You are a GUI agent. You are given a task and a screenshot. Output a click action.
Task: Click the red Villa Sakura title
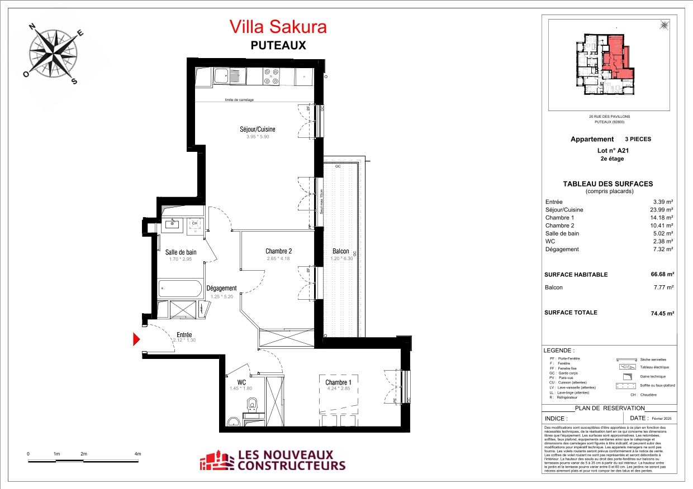click(278, 26)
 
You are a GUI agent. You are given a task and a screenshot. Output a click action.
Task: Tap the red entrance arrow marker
click(136, 339)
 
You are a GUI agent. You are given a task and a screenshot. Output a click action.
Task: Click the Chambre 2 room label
click(278, 251)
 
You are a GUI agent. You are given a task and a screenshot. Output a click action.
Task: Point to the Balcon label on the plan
click(340, 251)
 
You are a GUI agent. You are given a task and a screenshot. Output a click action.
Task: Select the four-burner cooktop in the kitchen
click(272, 76)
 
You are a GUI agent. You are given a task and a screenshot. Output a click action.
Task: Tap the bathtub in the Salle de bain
click(180, 289)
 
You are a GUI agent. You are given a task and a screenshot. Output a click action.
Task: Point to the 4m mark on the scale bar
click(137, 454)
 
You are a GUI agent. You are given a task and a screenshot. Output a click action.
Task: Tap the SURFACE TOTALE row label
click(571, 313)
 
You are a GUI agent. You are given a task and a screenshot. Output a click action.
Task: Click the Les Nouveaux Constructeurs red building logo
click(217, 461)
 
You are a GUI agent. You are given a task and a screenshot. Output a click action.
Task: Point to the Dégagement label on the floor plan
click(221, 289)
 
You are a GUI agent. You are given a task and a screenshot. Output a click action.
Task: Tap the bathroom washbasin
click(173, 224)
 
